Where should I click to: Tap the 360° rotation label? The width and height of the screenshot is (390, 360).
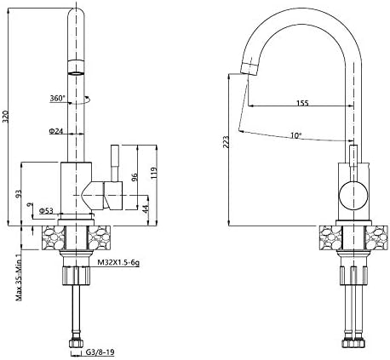point(57,99)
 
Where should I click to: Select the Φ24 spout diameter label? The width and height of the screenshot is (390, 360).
point(56,131)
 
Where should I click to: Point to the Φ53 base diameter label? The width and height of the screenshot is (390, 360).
point(46,210)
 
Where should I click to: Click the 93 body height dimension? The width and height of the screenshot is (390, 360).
point(19,194)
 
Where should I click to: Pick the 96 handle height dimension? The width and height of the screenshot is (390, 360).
point(135,177)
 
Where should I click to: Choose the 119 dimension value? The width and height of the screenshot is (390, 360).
point(153,173)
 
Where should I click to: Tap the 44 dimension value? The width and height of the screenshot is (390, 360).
point(146,209)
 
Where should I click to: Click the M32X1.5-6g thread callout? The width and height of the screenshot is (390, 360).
point(118,263)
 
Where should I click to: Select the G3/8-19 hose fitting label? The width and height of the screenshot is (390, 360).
point(100,352)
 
